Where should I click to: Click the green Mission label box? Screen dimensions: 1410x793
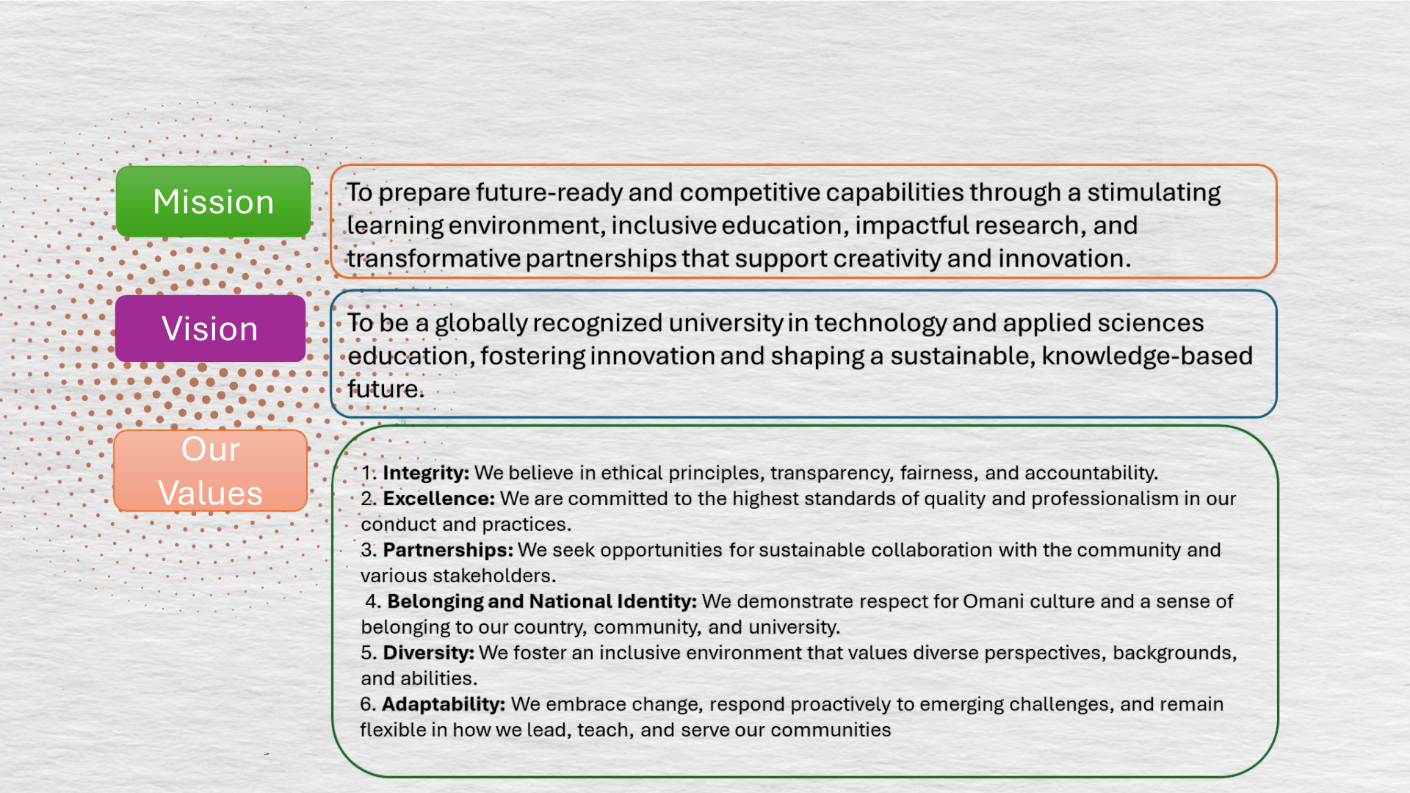(x=213, y=202)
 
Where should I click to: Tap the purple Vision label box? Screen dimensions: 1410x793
(x=210, y=328)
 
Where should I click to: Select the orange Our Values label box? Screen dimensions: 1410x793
(x=210, y=471)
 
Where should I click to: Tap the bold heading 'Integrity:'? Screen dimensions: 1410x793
(x=426, y=474)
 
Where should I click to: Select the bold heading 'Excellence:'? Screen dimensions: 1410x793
(x=439, y=499)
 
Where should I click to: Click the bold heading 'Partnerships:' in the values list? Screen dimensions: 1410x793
(x=448, y=551)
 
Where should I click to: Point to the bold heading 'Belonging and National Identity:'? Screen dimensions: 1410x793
(x=542, y=602)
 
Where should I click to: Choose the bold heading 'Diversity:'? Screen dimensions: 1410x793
(x=428, y=653)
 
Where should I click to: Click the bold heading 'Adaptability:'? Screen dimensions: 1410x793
(x=444, y=705)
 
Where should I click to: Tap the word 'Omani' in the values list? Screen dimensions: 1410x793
(x=994, y=601)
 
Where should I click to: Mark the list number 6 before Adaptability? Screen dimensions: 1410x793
(x=367, y=705)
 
